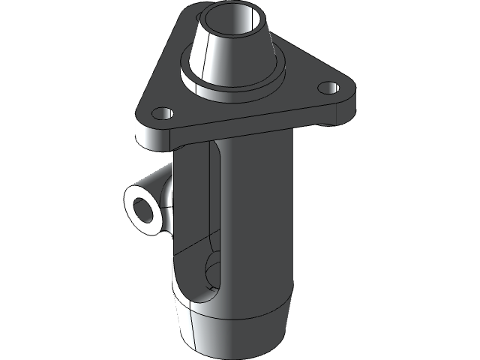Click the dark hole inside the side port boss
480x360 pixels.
click(141, 208)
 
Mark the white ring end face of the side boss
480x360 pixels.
click(132, 217)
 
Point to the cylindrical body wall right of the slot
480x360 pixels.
click(259, 225)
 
